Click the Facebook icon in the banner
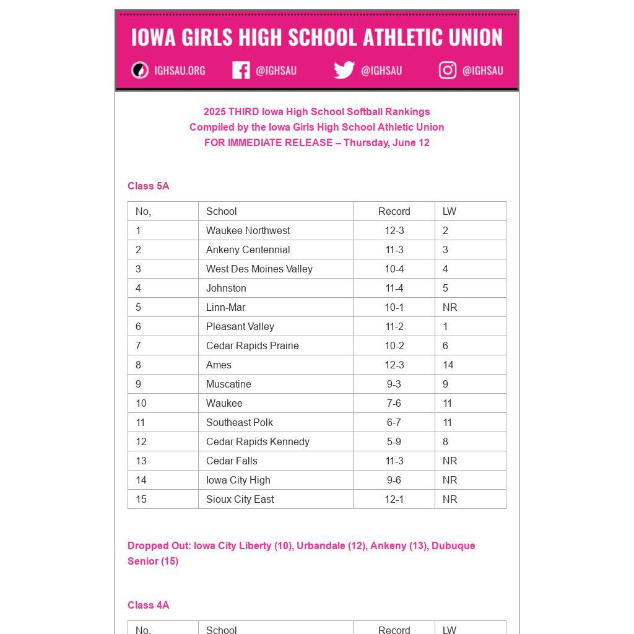tap(241, 71)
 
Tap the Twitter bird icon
tap(344, 71)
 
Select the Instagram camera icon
tap(448, 71)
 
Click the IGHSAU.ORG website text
tap(180, 71)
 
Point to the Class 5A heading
tap(149, 186)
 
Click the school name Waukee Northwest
tap(248, 230)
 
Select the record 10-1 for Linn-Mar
tap(394, 307)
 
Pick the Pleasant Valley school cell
tap(240, 326)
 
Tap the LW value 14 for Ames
tap(448, 365)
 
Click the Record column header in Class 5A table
tap(394, 211)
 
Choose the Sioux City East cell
tap(240, 499)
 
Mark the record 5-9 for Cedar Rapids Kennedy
tap(394, 441)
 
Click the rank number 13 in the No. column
tap(141, 461)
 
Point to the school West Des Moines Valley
tap(259, 269)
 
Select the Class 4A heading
tap(149, 605)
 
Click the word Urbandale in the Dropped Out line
tap(321, 545)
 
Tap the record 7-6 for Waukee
tap(394, 403)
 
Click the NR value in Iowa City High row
tap(450, 480)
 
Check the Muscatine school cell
tap(228, 384)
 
